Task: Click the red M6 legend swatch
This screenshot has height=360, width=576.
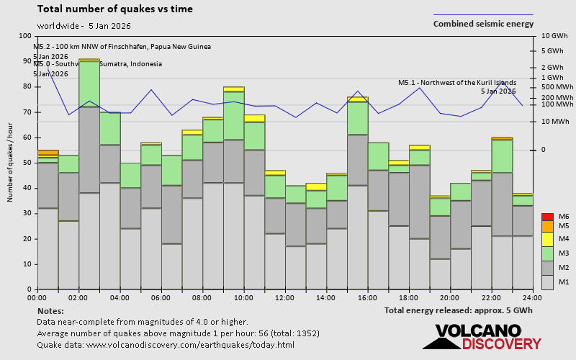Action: (546, 217)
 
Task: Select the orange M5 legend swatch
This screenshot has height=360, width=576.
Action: (546, 226)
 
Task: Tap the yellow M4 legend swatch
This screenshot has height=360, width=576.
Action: (546, 239)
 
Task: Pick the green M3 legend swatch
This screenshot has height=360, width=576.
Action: (546, 253)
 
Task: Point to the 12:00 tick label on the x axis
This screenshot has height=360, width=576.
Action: (285, 297)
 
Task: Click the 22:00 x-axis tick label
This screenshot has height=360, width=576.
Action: (492, 297)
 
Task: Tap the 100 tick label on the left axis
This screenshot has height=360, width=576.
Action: (26, 36)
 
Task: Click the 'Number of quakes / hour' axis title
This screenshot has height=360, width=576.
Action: (11, 163)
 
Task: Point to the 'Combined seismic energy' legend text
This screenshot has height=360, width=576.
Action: (483, 24)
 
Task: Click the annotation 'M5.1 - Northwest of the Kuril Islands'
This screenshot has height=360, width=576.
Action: (456, 82)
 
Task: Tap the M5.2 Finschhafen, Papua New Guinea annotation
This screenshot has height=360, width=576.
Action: (122, 47)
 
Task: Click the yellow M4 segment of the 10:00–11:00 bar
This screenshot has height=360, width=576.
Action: (254, 118)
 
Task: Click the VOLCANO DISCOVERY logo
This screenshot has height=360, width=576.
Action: (482, 337)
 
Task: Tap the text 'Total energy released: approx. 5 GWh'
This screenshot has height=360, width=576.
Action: (459, 310)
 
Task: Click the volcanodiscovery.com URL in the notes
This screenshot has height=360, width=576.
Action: (189, 345)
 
